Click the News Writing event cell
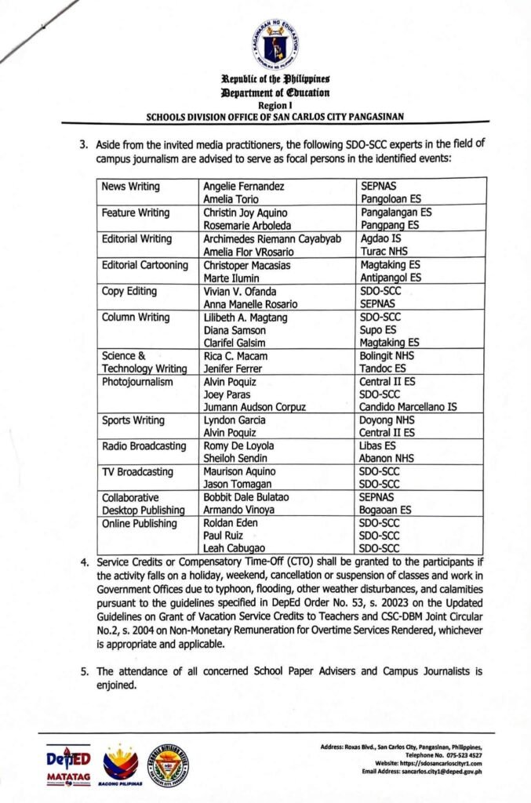(131, 187)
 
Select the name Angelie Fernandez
(240, 187)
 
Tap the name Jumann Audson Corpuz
(253, 406)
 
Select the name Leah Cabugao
(234, 548)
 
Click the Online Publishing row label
(140, 523)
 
